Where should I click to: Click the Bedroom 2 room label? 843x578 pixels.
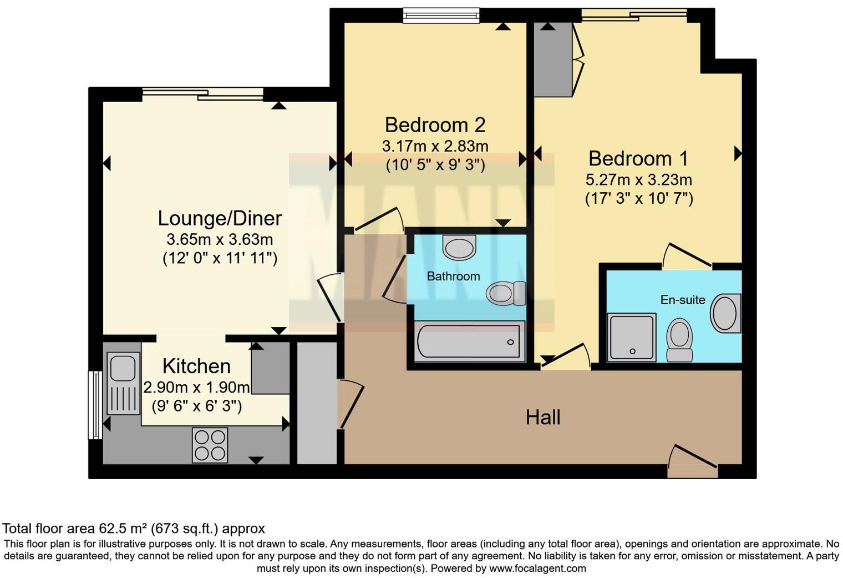(x=435, y=125)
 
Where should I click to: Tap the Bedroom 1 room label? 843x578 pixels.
(x=638, y=159)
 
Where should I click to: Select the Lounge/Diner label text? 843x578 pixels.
(x=220, y=218)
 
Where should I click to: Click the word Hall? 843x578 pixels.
(x=543, y=418)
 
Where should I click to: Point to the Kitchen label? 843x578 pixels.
(x=196, y=366)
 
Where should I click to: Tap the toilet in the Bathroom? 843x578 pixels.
(x=506, y=293)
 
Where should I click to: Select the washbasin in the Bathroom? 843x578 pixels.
(x=460, y=247)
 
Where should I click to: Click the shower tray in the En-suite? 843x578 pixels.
(x=632, y=337)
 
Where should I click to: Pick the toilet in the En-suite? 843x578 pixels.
(x=679, y=340)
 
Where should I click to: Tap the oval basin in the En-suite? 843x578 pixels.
(x=725, y=314)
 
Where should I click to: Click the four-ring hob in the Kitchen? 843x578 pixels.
(x=210, y=445)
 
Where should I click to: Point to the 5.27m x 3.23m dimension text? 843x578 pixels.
(x=638, y=180)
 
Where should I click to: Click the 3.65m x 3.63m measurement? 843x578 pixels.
(x=220, y=240)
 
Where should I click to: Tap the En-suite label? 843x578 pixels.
(x=683, y=300)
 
